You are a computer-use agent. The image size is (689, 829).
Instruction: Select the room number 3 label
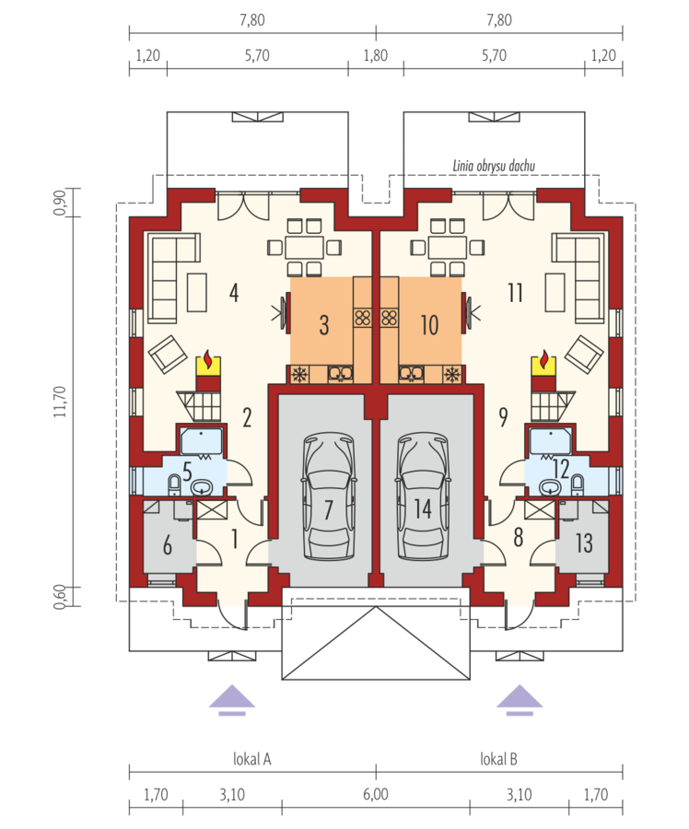[x=324, y=324]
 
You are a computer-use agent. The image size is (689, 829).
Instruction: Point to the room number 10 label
[x=429, y=324]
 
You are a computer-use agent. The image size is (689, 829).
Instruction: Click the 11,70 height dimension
[x=60, y=402]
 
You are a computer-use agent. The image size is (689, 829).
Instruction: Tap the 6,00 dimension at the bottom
[x=376, y=794]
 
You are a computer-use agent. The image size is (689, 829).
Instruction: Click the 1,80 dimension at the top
[x=376, y=55]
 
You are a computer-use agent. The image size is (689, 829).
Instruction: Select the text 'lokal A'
[x=252, y=759]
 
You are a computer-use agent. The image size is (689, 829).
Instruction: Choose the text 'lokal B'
[x=498, y=759]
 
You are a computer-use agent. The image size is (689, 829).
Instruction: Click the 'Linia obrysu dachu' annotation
[x=494, y=166]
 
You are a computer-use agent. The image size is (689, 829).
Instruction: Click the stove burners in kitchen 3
[x=363, y=317]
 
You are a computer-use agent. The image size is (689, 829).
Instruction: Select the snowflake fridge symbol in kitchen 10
[x=452, y=374]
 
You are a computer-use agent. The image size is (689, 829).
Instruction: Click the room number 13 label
[x=584, y=543]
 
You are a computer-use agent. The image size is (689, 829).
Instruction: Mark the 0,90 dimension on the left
[x=60, y=202]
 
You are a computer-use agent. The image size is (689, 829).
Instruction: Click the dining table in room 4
[x=304, y=248]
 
